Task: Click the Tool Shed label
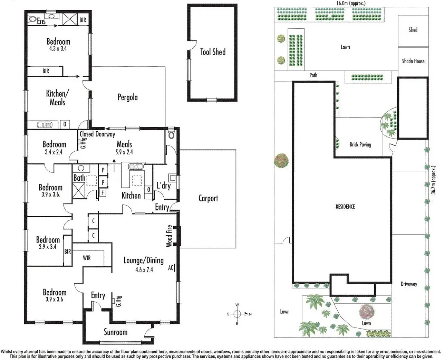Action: click(213, 52)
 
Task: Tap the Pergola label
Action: click(127, 97)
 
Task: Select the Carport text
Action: click(208, 198)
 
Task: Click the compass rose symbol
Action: click(237, 314)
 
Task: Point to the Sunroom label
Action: click(116, 332)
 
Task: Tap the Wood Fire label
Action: click(169, 236)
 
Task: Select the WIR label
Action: click(87, 258)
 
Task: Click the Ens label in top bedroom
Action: click(41, 21)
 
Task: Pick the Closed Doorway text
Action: click(97, 134)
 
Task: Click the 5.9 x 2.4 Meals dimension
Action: click(124, 152)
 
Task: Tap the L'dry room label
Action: click(163, 186)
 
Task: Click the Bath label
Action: click(79, 178)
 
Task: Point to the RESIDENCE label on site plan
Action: click(345, 207)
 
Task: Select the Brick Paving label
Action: click(360, 144)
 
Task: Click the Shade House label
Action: click(413, 61)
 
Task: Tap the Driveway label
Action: click(409, 284)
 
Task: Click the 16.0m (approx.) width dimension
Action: click(351, 3)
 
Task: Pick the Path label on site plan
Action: click(313, 75)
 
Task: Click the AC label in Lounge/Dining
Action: click(171, 267)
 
